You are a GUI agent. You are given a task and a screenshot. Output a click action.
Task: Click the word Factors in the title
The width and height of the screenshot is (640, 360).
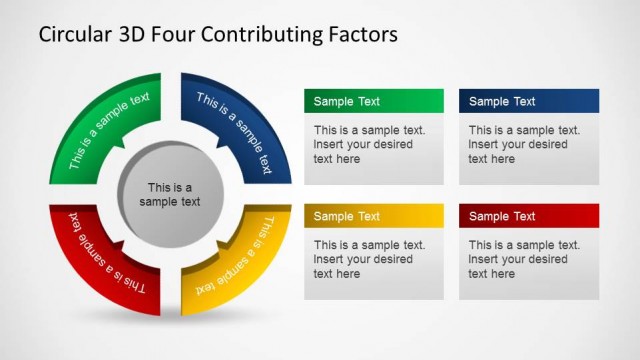pos(356,35)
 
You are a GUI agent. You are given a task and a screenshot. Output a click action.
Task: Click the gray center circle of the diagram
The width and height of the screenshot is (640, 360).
pos(169,194)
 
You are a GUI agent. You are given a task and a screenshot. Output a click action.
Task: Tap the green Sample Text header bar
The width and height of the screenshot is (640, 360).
pos(373,101)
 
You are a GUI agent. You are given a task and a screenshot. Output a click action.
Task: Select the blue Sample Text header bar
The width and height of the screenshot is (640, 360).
pos(528,101)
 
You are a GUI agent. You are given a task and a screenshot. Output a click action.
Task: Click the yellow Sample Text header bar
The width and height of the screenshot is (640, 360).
pos(373,216)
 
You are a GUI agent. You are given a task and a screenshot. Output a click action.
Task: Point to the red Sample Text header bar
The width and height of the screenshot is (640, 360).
pos(528,216)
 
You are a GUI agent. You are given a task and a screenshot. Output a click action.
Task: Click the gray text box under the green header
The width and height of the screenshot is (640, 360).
pos(373,148)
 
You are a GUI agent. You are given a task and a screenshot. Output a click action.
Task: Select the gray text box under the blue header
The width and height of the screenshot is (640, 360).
pos(528,148)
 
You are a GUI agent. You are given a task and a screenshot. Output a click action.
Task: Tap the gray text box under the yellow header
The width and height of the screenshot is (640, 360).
pos(373,263)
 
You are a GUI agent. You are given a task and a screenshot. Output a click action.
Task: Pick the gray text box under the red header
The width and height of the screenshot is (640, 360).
pos(528,263)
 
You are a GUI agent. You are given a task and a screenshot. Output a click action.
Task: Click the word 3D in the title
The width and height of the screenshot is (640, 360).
pos(137,35)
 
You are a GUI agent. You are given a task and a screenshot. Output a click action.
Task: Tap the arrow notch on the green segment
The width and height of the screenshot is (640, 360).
pos(121,149)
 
